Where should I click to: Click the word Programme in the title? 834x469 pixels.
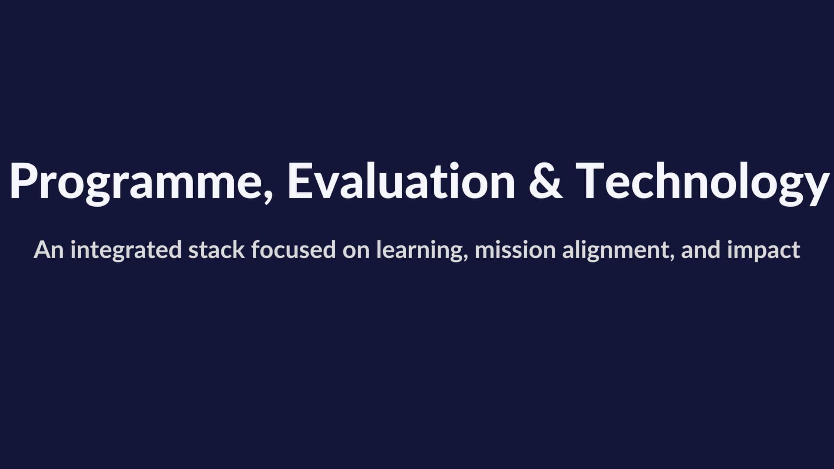point(137,182)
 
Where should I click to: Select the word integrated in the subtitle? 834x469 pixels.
point(126,251)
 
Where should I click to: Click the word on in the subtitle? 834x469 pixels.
point(356,252)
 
